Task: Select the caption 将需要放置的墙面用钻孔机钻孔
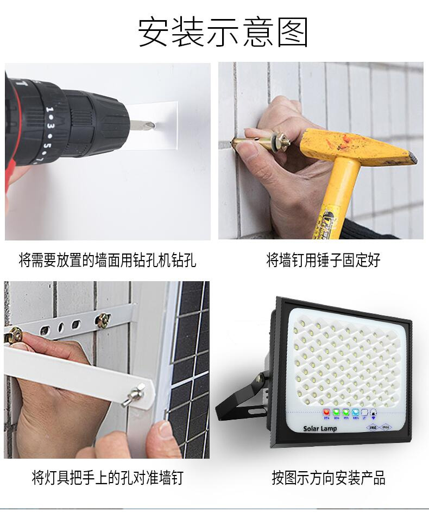click(x=108, y=260)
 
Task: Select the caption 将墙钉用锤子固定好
click(x=323, y=260)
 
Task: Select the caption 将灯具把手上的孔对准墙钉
click(x=108, y=478)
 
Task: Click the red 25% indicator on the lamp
click(x=327, y=412)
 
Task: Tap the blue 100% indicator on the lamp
click(x=355, y=412)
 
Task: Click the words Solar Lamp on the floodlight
click(x=320, y=428)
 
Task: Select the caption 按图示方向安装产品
click(x=329, y=478)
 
